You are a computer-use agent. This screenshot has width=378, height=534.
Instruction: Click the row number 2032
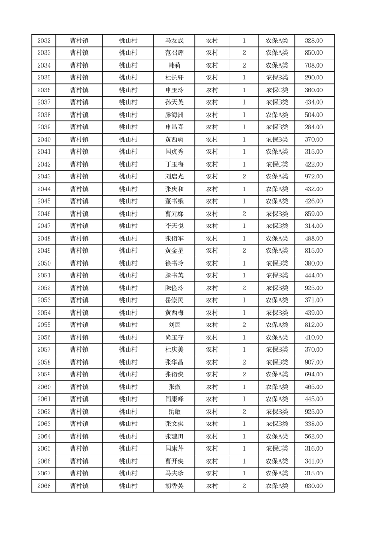(44, 40)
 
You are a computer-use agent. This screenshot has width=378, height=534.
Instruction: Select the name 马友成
(174, 40)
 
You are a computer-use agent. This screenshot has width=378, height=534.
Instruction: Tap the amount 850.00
(314, 53)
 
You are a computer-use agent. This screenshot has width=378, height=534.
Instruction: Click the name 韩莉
(174, 65)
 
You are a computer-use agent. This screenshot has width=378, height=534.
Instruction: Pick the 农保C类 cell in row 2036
(277, 90)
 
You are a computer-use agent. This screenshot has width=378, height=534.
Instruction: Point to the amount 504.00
(314, 115)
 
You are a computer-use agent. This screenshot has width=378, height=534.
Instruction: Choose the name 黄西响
(174, 139)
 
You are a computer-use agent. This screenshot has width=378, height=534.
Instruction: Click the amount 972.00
(314, 177)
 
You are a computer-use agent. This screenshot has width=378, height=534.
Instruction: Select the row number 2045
(44, 201)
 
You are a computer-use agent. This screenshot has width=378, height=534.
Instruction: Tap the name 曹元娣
(174, 214)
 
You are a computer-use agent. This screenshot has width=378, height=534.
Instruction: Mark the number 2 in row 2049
(244, 251)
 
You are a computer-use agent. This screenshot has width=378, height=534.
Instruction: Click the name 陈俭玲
(174, 288)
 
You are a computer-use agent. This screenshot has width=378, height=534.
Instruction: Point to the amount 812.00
(314, 325)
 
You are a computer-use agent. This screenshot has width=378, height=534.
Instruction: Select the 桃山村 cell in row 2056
(128, 337)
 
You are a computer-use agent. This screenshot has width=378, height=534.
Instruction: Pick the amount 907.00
(314, 362)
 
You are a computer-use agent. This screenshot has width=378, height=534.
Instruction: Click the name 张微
(174, 387)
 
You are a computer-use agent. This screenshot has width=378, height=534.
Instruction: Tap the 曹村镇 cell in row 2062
(79, 412)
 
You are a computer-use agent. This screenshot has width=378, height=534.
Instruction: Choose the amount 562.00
(314, 436)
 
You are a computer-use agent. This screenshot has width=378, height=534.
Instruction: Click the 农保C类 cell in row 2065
(277, 449)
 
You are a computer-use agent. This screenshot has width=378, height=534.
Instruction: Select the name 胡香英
(174, 486)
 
